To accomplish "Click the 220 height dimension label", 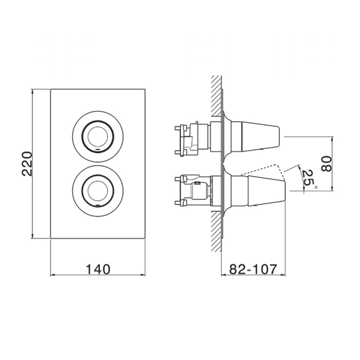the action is pos(27,164).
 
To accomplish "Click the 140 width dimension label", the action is pos(98,269).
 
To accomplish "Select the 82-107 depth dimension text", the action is pos(253,269).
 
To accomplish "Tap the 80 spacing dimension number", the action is pos(327,164).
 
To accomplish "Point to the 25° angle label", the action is pos(309,178).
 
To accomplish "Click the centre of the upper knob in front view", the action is pos(98,137).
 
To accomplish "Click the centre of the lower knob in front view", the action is pos(98,191).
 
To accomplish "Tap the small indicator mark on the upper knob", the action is pos(98,150).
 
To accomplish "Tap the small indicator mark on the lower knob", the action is pos(98,204).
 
